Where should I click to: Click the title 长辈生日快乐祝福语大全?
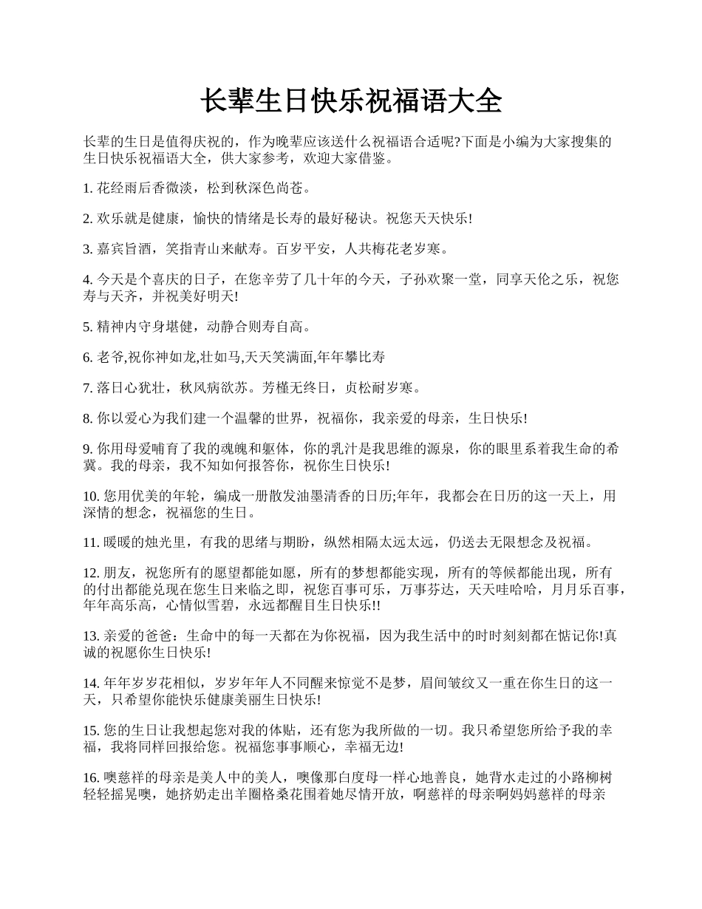pos(351,101)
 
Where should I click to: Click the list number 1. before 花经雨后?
pos(89,189)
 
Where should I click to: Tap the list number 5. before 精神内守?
pos(89,327)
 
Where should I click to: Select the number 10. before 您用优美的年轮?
pos(92,497)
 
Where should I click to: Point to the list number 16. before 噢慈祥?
pos(92,777)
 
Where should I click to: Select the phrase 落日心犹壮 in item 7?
pos(128,387)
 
